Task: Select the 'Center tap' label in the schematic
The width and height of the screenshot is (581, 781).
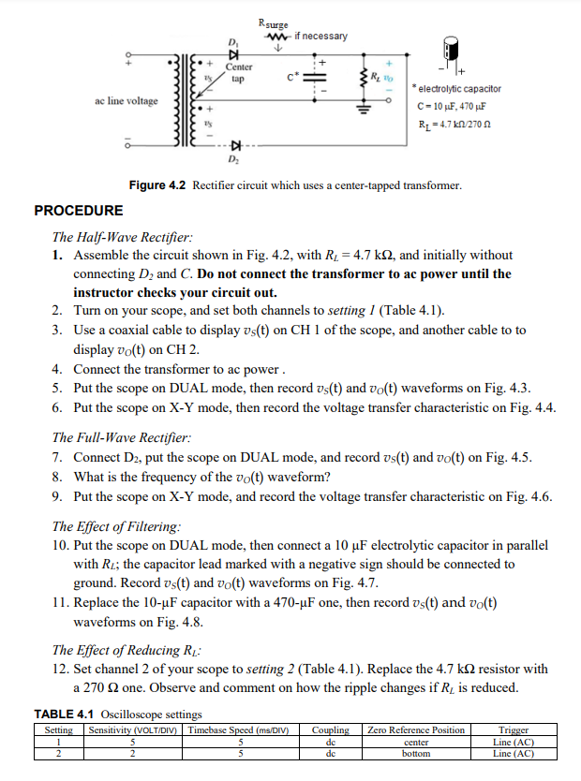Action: coord(239,73)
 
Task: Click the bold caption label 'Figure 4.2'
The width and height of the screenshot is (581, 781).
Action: coord(157,185)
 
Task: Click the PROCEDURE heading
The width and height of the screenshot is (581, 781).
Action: coord(78,211)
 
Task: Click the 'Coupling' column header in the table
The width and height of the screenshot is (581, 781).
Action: coord(330,730)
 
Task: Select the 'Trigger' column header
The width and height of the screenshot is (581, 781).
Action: coord(513,730)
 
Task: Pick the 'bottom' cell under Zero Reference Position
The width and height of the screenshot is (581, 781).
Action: coord(415,753)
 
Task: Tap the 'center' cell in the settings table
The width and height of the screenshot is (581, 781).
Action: coord(415,742)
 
